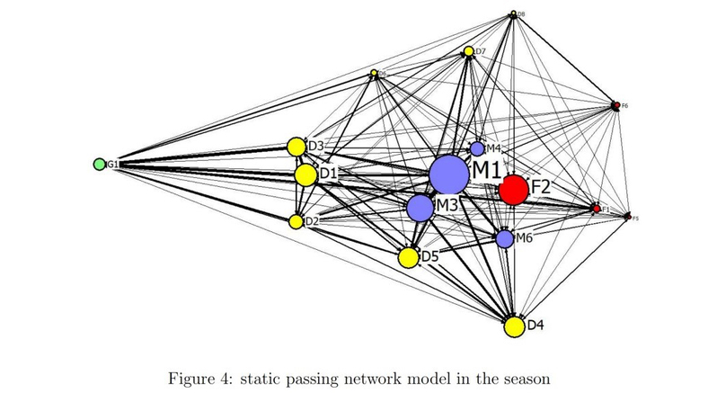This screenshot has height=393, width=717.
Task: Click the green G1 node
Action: click(x=99, y=165)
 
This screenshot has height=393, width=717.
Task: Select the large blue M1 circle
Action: click(x=448, y=174)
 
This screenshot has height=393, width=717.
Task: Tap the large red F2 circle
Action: click(x=514, y=190)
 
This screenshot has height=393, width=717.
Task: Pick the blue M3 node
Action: click(x=420, y=208)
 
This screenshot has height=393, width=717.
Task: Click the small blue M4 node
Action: click(x=477, y=148)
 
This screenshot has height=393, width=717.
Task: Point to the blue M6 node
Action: click(x=505, y=238)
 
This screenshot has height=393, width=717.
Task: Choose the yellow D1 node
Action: click(x=305, y=174)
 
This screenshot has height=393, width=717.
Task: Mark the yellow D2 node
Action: click(x=296, y=220)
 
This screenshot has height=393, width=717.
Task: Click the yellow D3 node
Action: click(x=296, y=146)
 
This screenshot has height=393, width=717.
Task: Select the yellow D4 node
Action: click(x=514, y=326)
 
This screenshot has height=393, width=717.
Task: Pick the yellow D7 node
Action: click(x=468, y=51)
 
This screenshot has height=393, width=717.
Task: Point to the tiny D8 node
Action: click(x=512, y=13)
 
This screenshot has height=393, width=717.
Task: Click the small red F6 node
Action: click(x=615, y=105)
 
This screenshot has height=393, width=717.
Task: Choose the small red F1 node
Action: click(x=596, y=209)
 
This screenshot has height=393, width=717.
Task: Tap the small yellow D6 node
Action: click(x=374, y=73)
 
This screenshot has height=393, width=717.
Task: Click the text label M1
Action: click(x=488, y=169)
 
